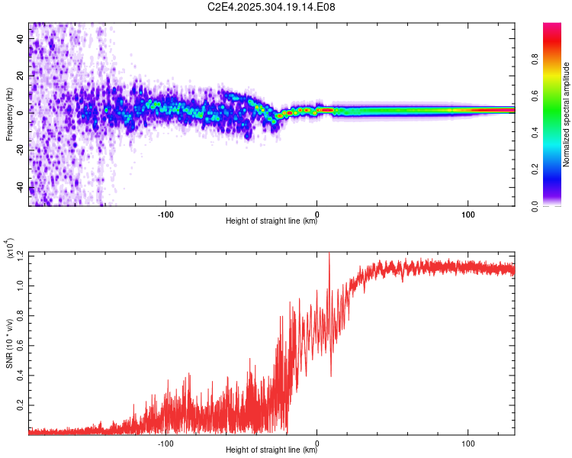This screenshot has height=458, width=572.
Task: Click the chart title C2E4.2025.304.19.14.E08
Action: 272,8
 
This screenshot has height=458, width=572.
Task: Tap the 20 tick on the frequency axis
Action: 21,76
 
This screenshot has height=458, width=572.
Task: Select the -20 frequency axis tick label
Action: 21,150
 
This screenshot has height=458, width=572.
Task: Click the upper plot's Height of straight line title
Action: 272,221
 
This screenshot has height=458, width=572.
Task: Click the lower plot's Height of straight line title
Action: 272,450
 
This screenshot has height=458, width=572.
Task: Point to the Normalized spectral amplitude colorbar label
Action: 566,114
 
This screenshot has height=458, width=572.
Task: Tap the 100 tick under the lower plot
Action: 468,442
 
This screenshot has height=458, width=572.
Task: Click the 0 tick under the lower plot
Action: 317,442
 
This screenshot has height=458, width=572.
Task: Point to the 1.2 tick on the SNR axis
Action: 21,254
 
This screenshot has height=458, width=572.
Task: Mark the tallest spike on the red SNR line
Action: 329,255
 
